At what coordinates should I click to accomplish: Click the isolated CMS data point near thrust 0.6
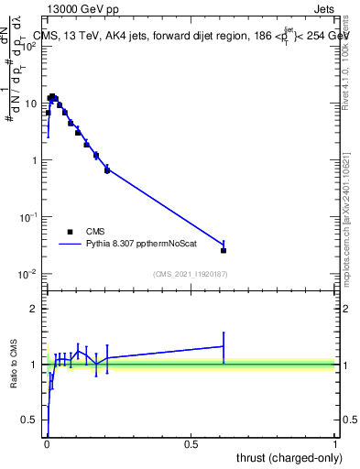[x=224, y=250]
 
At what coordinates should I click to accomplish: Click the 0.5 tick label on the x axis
[x=191, y=444]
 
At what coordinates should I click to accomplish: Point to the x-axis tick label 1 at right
[x=335, y=444]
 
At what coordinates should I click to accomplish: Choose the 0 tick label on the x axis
[x=47, y=444]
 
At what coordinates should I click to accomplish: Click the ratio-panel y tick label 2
[x=35, y=309]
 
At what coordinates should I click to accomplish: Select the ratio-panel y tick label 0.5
[x=30, y=420]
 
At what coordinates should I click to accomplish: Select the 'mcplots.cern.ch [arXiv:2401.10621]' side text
[x=353, y=212]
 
